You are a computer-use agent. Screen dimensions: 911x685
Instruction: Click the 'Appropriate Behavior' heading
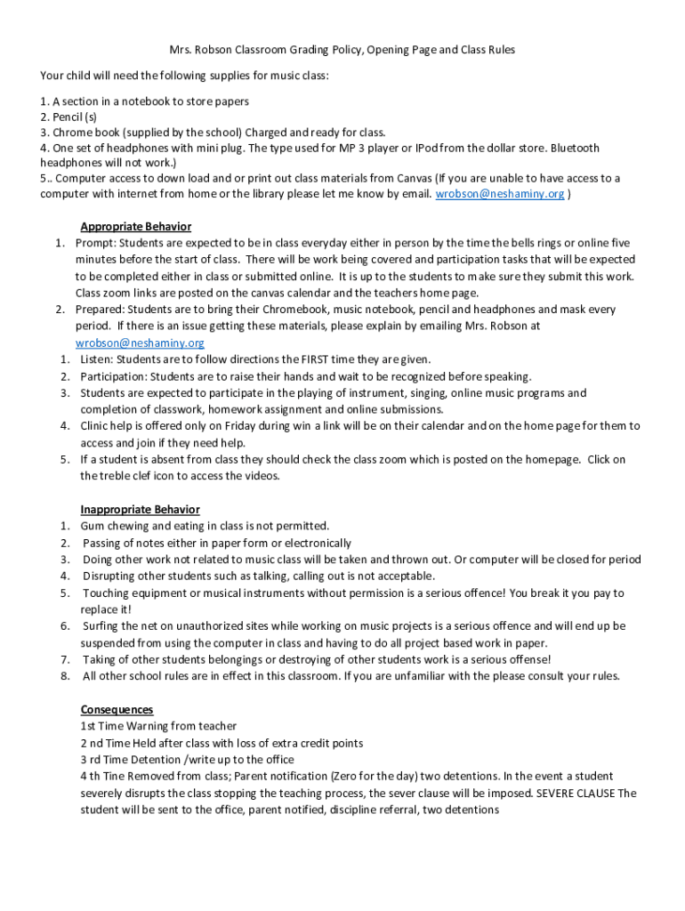click(x=135, y=226)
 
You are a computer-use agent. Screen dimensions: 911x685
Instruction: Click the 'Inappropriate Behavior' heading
click(x=140, y=510)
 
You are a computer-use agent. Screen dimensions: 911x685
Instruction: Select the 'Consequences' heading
click(x=117, y=709)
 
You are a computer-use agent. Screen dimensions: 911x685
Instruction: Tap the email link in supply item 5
click(x=499, y=194)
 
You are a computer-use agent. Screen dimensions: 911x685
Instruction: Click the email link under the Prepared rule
click(x=140, y=343)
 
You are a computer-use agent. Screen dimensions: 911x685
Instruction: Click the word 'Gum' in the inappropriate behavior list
click(x=93, y=526)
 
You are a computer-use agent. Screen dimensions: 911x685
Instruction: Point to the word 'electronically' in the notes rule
click(x=317, y=543)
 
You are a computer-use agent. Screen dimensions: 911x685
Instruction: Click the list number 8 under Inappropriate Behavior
click(x=65, y=676)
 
